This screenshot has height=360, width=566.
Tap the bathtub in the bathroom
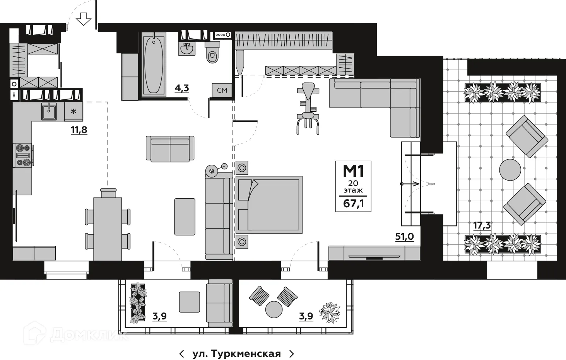(x=154, y=65)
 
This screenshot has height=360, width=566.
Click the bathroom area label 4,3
(x=181, y=88)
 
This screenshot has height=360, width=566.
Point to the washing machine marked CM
(x=222, y=90)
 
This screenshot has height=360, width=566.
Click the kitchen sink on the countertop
(x=49, y=111)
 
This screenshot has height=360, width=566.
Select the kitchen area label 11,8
(x=79, y=130)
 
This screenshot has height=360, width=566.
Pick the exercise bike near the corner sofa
(x=308, y=108)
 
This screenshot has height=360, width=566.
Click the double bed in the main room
(x=270, y=205)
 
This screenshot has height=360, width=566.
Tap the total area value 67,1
(x=353, y=203)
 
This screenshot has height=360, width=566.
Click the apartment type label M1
(x=353, y=171)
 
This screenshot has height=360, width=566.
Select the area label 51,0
(x=404, y=236)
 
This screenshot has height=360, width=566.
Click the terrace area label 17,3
(x=482, y=225)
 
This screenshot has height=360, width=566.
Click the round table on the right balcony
(x=274, y=309)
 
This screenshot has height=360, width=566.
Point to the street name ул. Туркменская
(x=236, y=354)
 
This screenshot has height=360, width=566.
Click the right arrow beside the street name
(x=292, y=354)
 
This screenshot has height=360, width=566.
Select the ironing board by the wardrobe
(x=240, y=62)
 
